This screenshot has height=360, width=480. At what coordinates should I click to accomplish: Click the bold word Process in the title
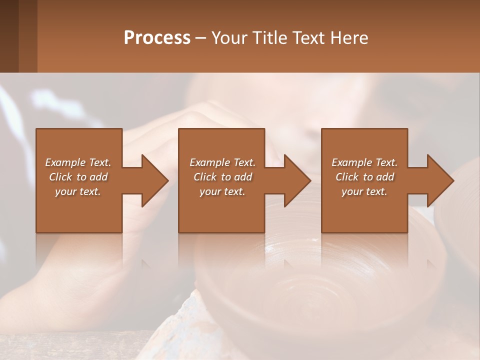[157, 38]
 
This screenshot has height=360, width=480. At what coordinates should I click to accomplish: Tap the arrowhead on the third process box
[439, 180]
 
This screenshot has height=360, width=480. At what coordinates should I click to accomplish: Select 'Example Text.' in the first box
[78, 162]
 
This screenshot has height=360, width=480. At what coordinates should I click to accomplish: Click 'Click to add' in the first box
[78, 177]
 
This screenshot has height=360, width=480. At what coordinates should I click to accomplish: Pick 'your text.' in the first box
[78, 191]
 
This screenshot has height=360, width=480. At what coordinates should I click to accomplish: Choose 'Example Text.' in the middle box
[222, 162]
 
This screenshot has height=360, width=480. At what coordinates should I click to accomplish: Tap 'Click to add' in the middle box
[222, 177]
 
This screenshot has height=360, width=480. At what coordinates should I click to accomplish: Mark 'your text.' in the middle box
[222, 191]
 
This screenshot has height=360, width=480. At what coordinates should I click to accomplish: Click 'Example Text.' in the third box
[364, 162]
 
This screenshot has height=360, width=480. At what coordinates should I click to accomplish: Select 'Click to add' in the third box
[364, 177]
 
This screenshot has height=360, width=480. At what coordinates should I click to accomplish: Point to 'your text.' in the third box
[364, 191]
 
